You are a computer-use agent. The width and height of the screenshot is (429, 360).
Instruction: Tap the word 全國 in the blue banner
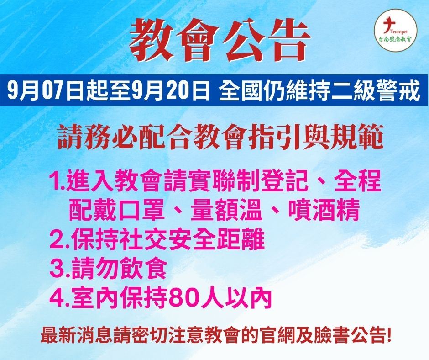(x=241, y=90)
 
